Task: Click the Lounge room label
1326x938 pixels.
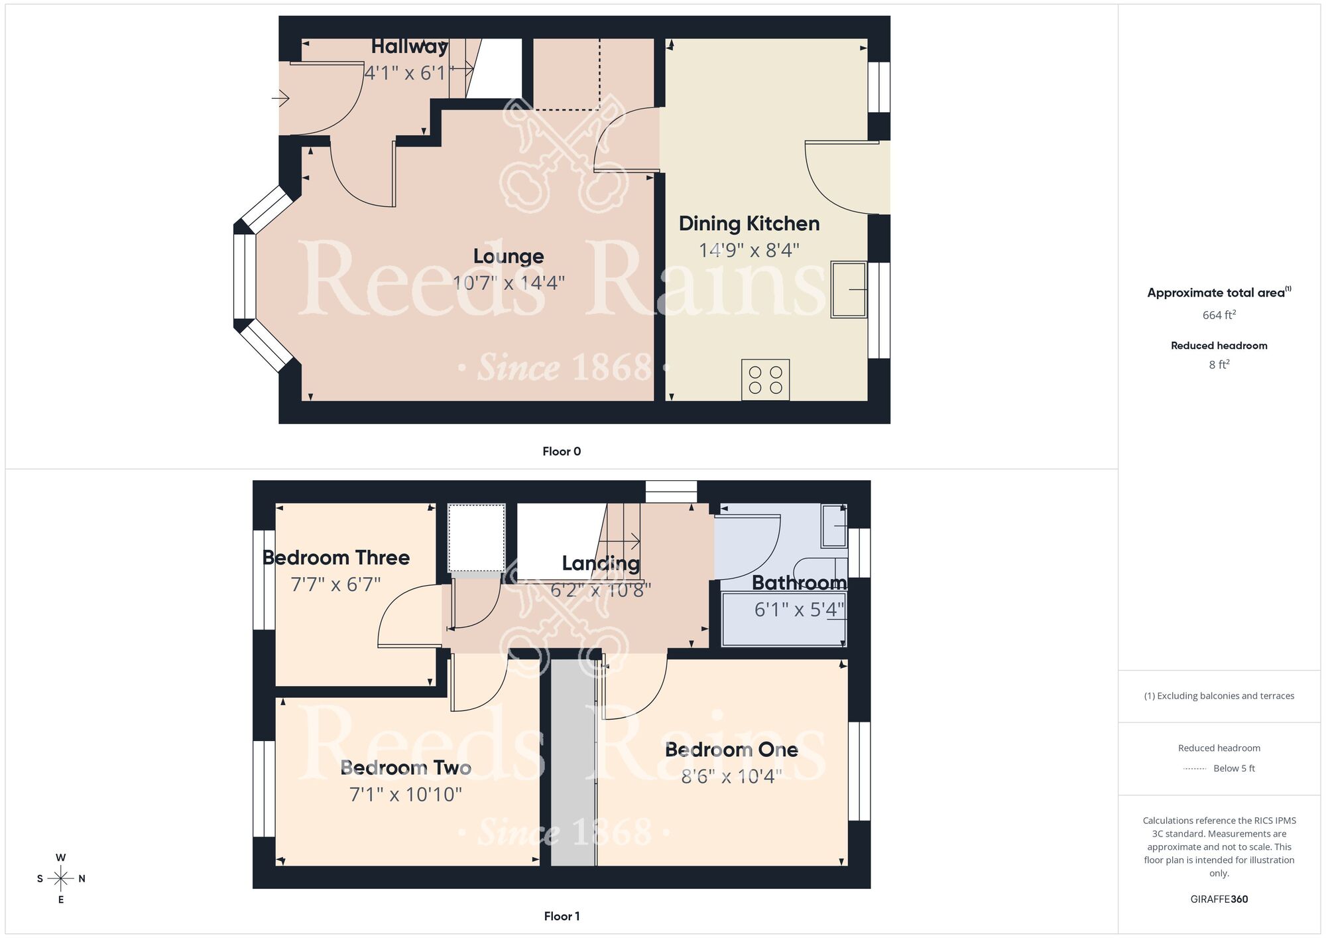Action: click(509, 256)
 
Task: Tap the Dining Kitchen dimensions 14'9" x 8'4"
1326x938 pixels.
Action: click(749, 250)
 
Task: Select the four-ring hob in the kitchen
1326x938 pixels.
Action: click(765, 380)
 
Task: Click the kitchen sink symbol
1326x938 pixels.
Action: click(849, 289)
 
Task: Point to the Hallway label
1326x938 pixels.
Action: click(409, 46)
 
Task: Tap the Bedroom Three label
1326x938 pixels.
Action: click(336, 557)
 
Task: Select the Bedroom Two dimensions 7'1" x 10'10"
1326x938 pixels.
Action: click(405, 794)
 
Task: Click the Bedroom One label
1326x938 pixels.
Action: click(731, 750)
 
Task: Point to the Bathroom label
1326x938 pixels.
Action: click(799, 582)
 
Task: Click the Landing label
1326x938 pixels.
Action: click(601, 563)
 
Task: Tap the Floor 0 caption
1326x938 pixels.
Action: click(562, 451)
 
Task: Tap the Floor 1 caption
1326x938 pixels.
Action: click(562, 916)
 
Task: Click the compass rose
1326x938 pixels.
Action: click(61, 879)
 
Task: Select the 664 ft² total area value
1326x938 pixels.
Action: click(1219, 315)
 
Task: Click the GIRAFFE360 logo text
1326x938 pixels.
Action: click(1219, 900)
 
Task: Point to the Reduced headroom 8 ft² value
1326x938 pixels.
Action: click(1219, 364)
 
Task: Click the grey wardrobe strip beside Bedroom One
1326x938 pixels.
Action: click(573, 763)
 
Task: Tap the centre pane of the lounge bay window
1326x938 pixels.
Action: click(245, 277)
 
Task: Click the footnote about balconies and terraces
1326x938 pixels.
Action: click(1219, 696)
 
